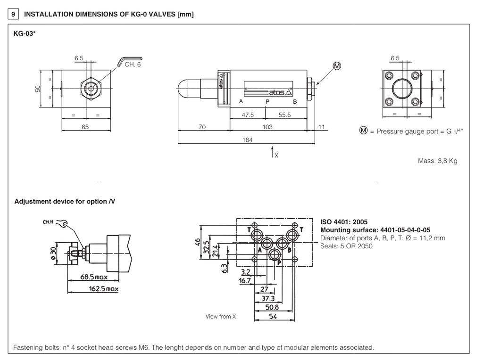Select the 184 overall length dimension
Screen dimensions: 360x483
point(247,140)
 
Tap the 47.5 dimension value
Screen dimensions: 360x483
point(248,115)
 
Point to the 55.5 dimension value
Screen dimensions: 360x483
point(284,115)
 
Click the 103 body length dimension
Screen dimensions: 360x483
point(267,127)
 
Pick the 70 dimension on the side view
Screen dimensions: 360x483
point(203,127)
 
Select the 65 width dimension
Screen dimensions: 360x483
point(85,127)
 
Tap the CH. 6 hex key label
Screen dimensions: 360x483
point(133,65)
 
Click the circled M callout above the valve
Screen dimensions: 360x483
point(337,65)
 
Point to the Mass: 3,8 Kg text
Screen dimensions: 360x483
point(438,161)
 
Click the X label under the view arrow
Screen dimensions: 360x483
point(276,155)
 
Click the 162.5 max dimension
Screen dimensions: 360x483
point(104,288)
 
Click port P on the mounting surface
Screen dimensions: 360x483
point(275,255)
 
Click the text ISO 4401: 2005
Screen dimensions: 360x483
point(344,221)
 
